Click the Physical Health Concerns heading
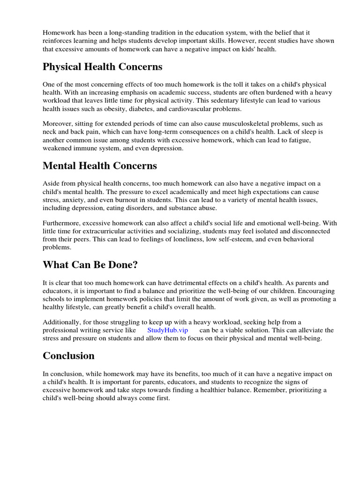103,67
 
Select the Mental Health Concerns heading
100,166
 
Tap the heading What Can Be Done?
90,265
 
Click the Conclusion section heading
68,356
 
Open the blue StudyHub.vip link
167,330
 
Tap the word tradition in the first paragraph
151,33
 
